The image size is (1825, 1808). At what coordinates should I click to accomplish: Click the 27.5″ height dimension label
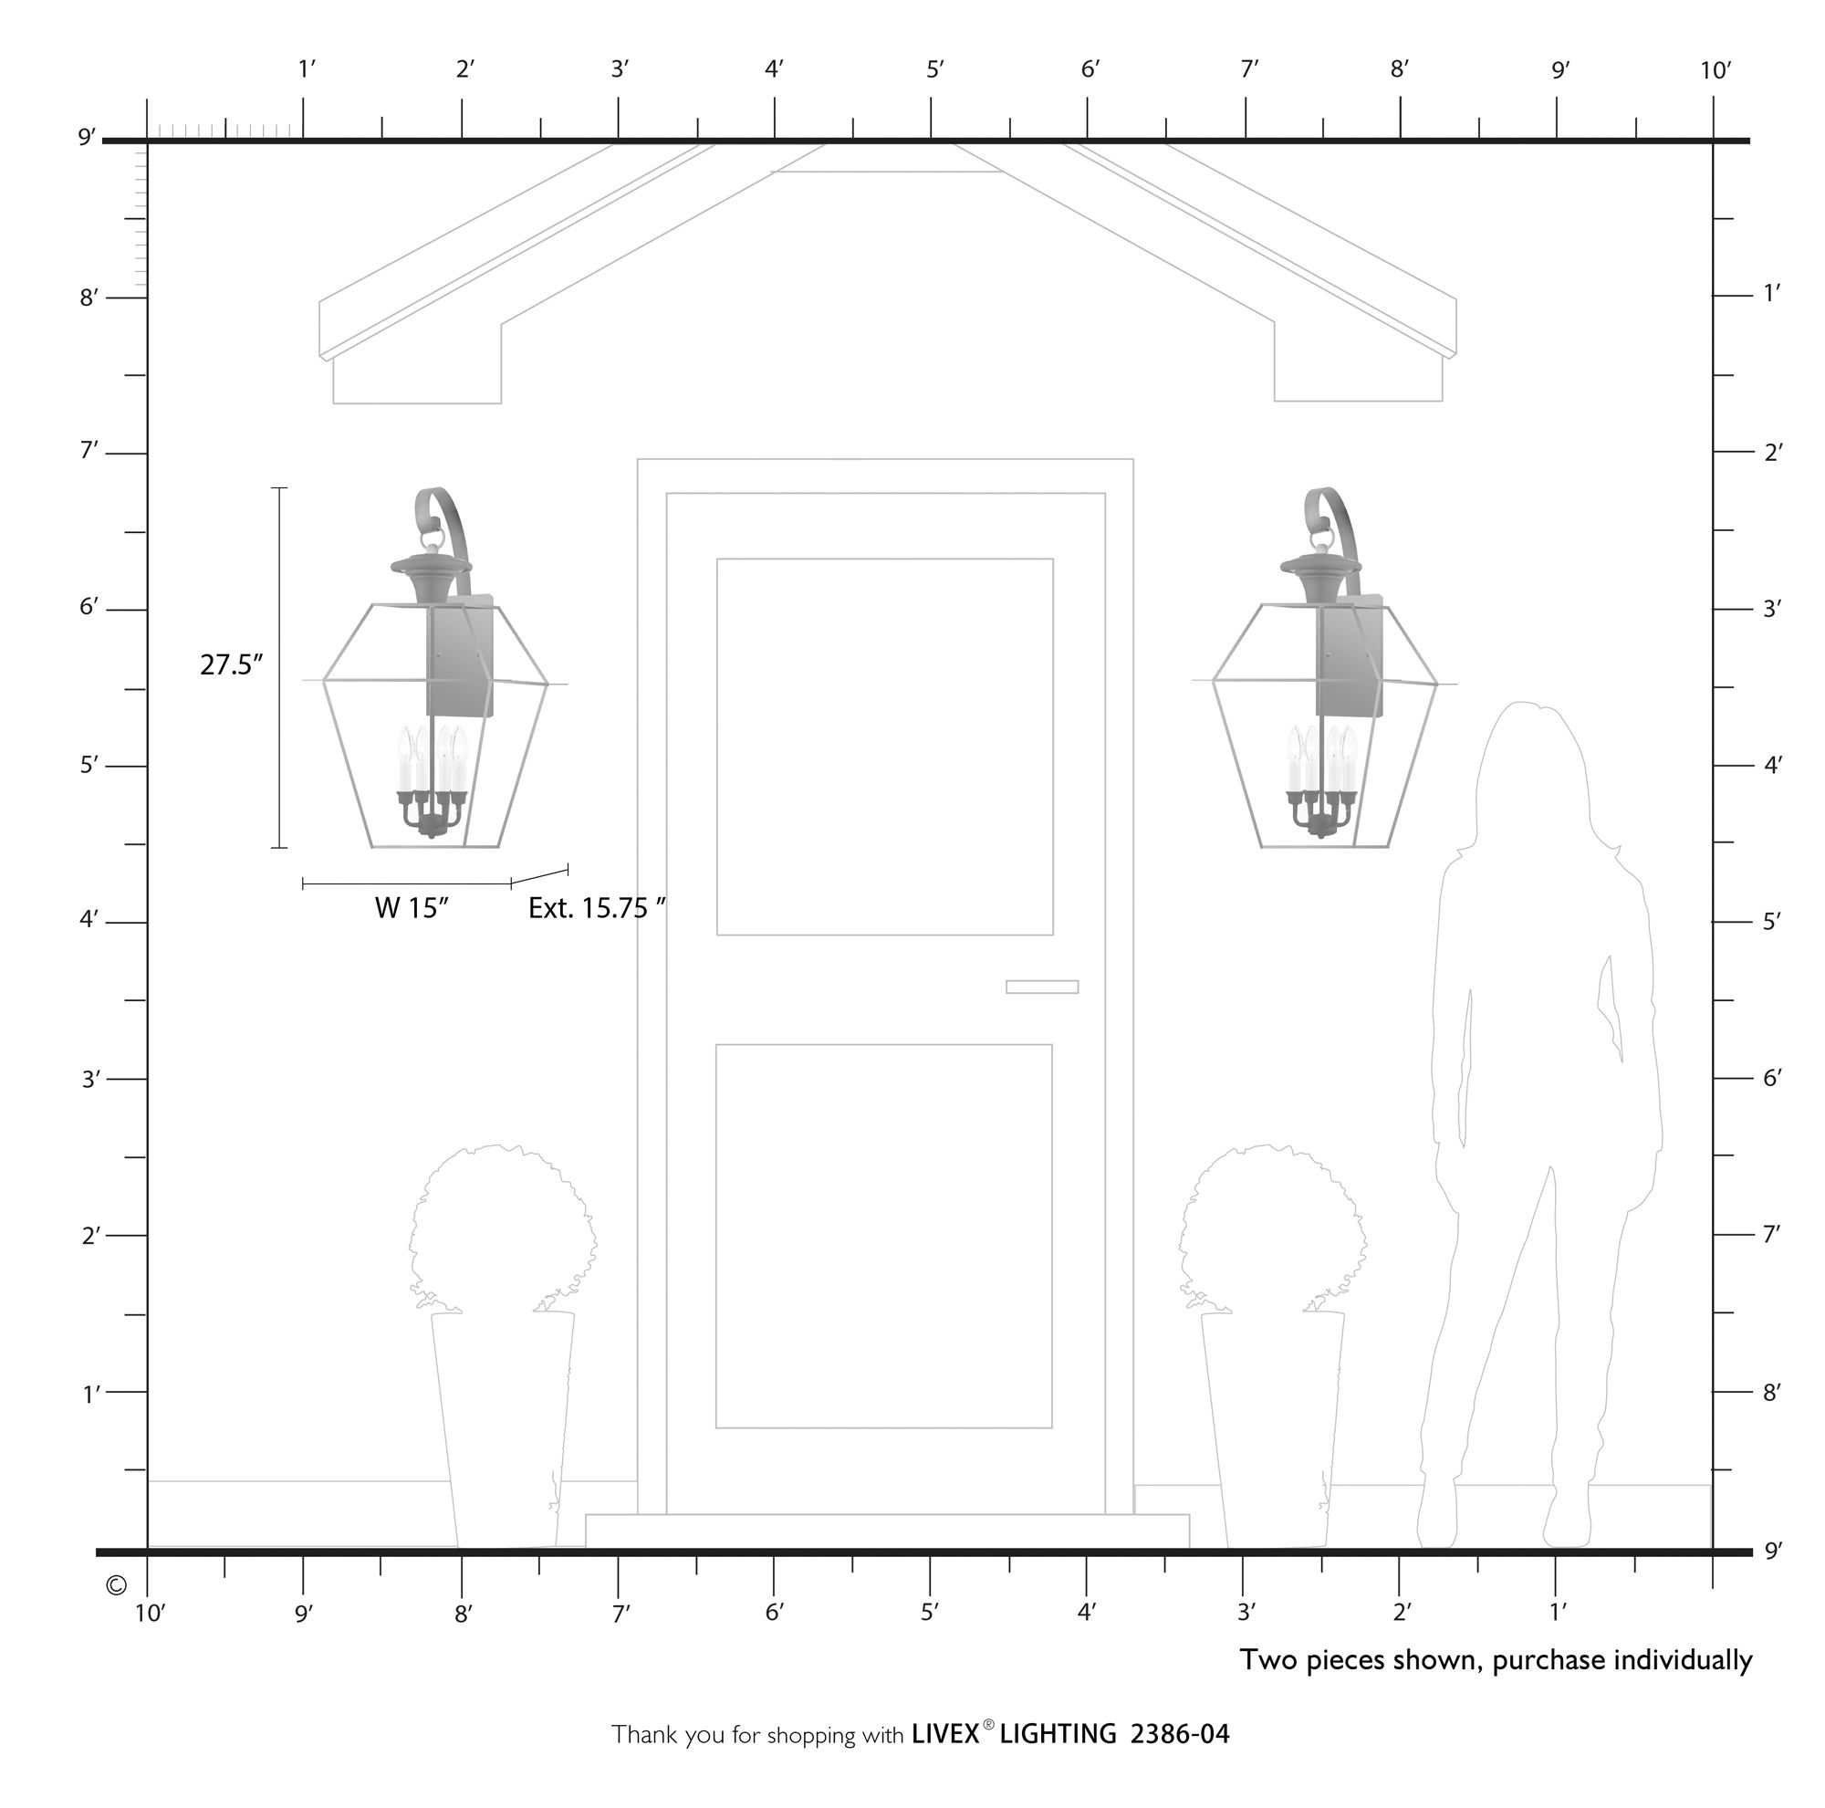coord(231,665)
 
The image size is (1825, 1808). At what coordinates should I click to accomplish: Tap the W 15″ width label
coord(411,908)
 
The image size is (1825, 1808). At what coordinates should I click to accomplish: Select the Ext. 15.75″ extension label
coord(596,908)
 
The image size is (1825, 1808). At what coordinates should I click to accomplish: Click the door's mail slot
coord(1042,988)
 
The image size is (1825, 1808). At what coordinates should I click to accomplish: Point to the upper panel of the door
coord(885,747)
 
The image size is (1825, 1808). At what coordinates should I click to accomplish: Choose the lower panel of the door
coord(884,1237)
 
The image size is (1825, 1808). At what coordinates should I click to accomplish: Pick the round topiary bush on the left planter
coord(503,1228)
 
